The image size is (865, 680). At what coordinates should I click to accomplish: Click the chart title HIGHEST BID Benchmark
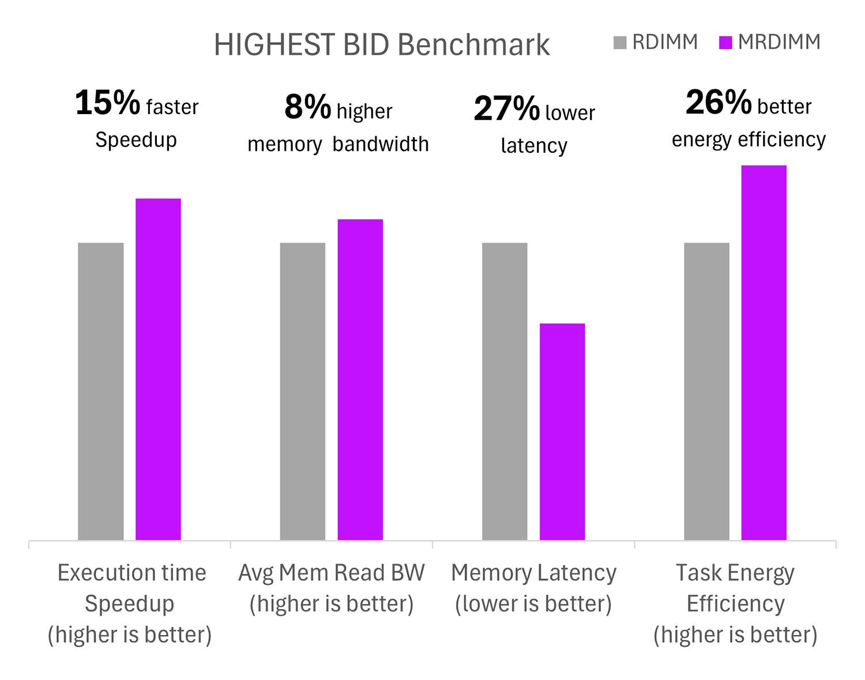382,44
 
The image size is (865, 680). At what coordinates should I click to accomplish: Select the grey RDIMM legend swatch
620,43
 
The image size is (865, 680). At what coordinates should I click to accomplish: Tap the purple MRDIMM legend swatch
725,43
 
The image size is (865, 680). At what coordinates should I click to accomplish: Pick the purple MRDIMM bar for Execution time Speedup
158,369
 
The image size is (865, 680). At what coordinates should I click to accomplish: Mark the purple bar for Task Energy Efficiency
764,352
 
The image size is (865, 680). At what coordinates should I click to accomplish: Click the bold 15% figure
108,103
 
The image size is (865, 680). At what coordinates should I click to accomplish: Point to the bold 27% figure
506,109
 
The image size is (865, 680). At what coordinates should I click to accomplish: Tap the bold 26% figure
719,103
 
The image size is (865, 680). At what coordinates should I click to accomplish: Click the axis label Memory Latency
533,573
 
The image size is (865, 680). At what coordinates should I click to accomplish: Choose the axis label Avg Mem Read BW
332,573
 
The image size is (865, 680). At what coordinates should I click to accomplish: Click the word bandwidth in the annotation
381,144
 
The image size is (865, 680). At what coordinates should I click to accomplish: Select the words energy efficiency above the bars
749,139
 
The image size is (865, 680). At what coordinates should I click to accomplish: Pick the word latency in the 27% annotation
534,146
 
